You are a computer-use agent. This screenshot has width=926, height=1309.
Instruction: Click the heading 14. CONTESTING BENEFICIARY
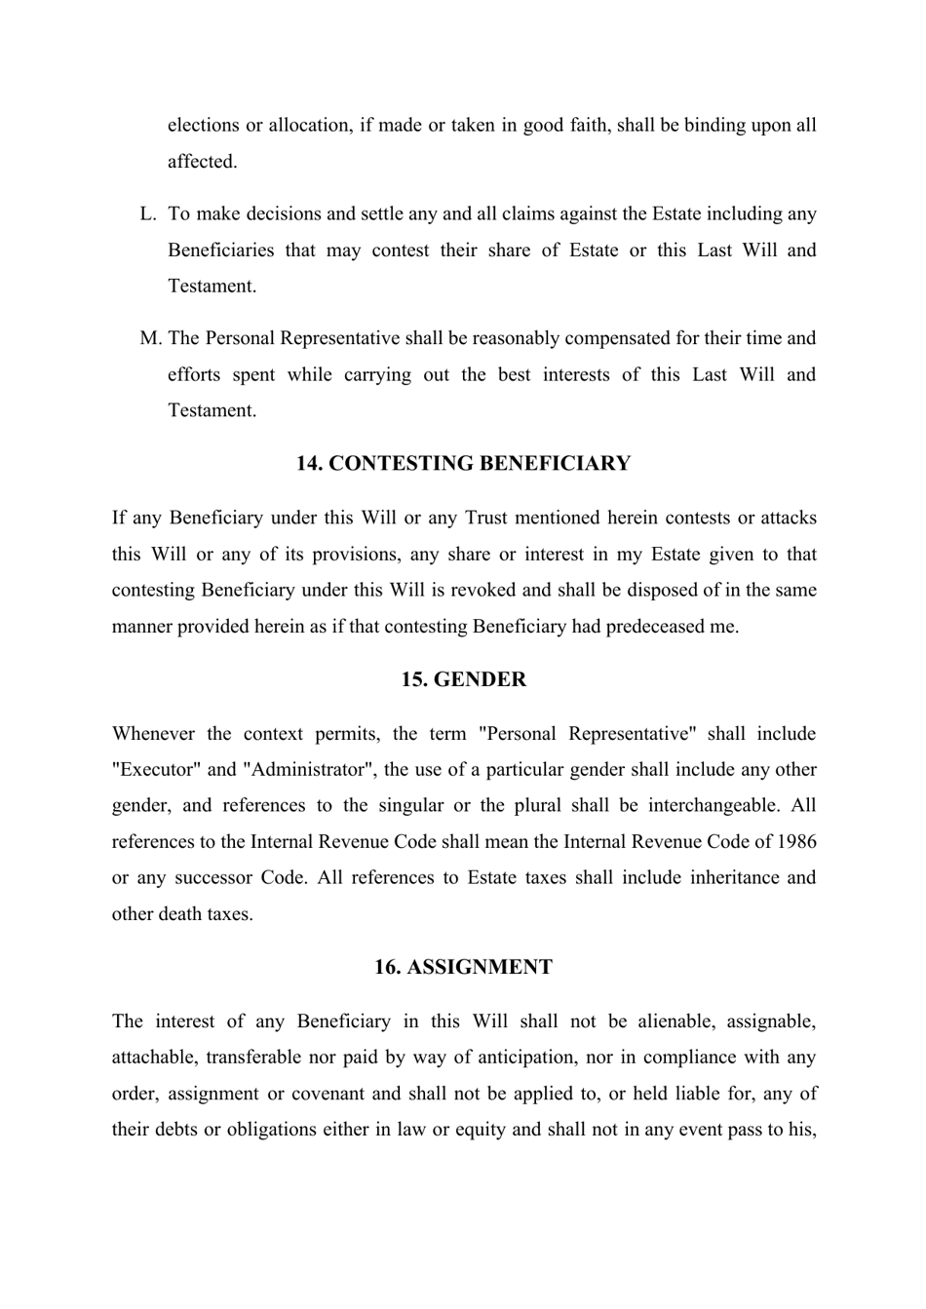(x=463, y=464)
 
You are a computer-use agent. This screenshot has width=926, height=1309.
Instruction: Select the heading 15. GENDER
(x=463, y=680)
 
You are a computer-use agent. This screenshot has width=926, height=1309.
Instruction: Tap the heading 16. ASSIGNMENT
(x=463, y=968)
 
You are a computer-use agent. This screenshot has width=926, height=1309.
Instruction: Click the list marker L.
(x=148, y=214)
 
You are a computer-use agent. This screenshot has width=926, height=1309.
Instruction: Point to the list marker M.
(x=150, y=339)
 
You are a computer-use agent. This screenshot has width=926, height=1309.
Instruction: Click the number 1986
(x=797, y=842)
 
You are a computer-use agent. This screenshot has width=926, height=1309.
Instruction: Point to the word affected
(x=202, y=162)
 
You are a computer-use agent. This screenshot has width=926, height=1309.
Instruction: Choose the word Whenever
(x=151, y=734)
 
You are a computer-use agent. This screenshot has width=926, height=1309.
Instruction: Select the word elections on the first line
(x=203, y=126)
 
